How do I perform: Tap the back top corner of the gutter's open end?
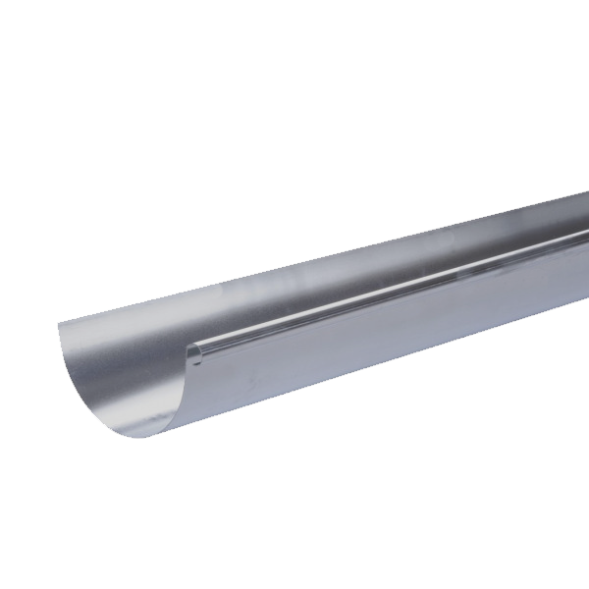pyautogui.click(x=59, y=323)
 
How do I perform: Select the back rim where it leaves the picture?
pyautogui.click(x=586, y=194)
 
